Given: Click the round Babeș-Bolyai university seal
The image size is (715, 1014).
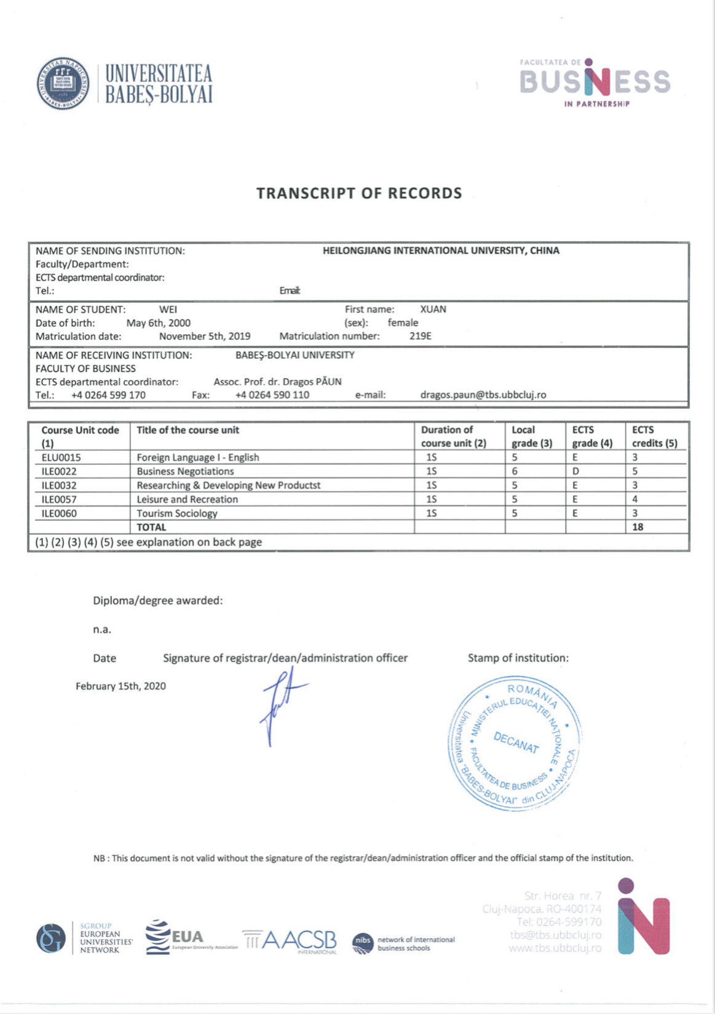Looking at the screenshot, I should (63, 83).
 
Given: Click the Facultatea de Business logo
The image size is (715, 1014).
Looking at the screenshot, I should (594, 83).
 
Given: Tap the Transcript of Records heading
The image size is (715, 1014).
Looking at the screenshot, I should (359, 193).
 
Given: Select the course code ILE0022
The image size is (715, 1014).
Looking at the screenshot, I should (59, 471).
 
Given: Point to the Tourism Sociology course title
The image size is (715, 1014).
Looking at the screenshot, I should (177, 513).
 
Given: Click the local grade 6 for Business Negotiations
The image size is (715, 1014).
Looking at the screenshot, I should (515, 471).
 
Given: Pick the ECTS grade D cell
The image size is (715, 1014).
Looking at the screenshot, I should (575, 471).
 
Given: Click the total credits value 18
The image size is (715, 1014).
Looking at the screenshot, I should (638, 527).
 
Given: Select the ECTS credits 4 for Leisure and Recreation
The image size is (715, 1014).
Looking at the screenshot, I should (635, 499).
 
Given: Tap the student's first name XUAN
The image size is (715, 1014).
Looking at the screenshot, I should (433, 309).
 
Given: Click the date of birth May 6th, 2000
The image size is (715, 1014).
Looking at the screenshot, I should (158, 323).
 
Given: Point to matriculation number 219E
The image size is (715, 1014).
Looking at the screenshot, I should (421, 336).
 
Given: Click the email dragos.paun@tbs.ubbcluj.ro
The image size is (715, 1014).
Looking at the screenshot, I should (483, 395).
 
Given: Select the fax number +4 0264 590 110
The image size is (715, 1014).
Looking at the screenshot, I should (272, 395).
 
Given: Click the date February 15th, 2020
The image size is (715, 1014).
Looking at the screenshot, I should (120, 686).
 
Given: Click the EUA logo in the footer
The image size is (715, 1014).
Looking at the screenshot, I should (178, 937).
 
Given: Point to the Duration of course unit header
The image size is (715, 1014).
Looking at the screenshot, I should (453, 437).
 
